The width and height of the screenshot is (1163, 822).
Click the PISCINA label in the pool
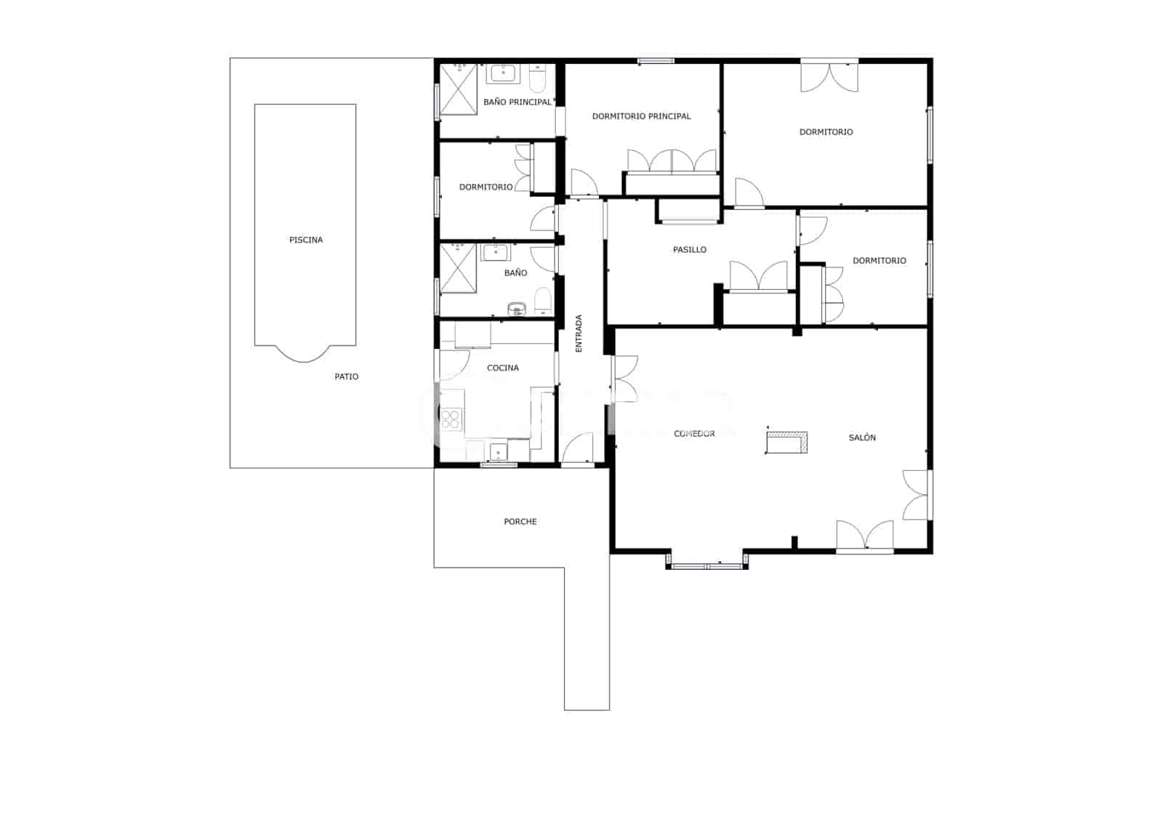coord(306,240)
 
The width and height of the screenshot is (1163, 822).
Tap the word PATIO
coord(346,376)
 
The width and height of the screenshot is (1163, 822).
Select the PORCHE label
coord(520,521)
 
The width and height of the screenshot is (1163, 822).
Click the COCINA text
coord(502,368)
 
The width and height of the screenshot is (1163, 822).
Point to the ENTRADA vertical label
coord(579,334)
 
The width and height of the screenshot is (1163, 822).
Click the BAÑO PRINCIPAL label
coord(517,102)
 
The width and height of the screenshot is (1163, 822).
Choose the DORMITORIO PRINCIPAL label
coord(641,116)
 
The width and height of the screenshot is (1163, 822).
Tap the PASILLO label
coord(690,250)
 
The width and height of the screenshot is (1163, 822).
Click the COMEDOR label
coord(694,434)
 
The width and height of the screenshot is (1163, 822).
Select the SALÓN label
coord(862,438)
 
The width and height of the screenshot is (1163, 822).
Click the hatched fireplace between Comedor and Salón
coord(787,442)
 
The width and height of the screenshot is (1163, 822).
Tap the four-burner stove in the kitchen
coord(451,419)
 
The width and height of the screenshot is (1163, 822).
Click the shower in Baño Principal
coord(459,89)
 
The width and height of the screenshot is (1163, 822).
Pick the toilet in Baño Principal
coord(537,78)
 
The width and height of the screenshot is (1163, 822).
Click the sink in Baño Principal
coord(502,73)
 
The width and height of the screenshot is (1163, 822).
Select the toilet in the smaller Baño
coord(542,301)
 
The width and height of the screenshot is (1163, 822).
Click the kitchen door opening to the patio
coord(454,366)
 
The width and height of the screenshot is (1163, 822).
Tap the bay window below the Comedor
coord(707,565)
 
